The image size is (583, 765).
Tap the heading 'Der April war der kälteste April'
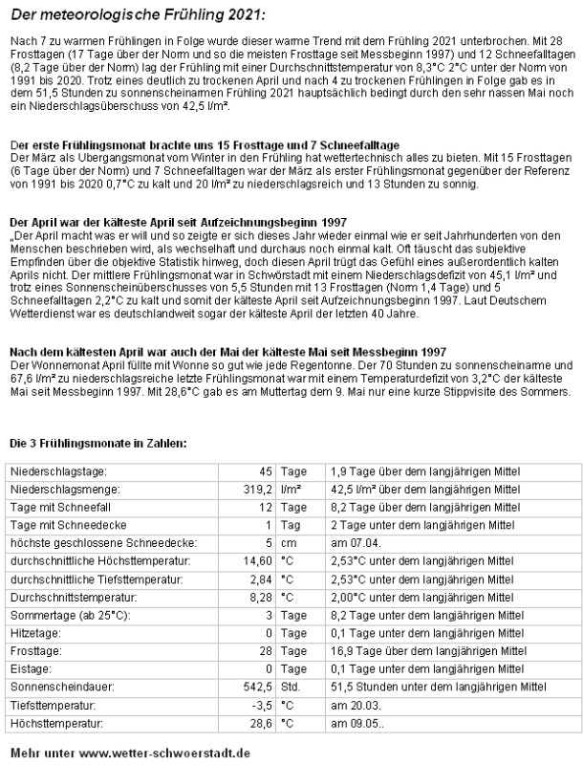[x=178, y=222]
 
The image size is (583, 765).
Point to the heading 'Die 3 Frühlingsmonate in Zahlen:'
[x=97, y=417]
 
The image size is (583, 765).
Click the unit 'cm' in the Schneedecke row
[x=289, y=542]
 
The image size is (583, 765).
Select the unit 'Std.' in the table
[x=291, y=686]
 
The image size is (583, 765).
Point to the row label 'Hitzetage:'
[x=37, y=632]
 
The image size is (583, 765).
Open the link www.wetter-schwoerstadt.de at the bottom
[x=164, y=752]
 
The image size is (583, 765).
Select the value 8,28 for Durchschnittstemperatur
[x=260, y=596]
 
